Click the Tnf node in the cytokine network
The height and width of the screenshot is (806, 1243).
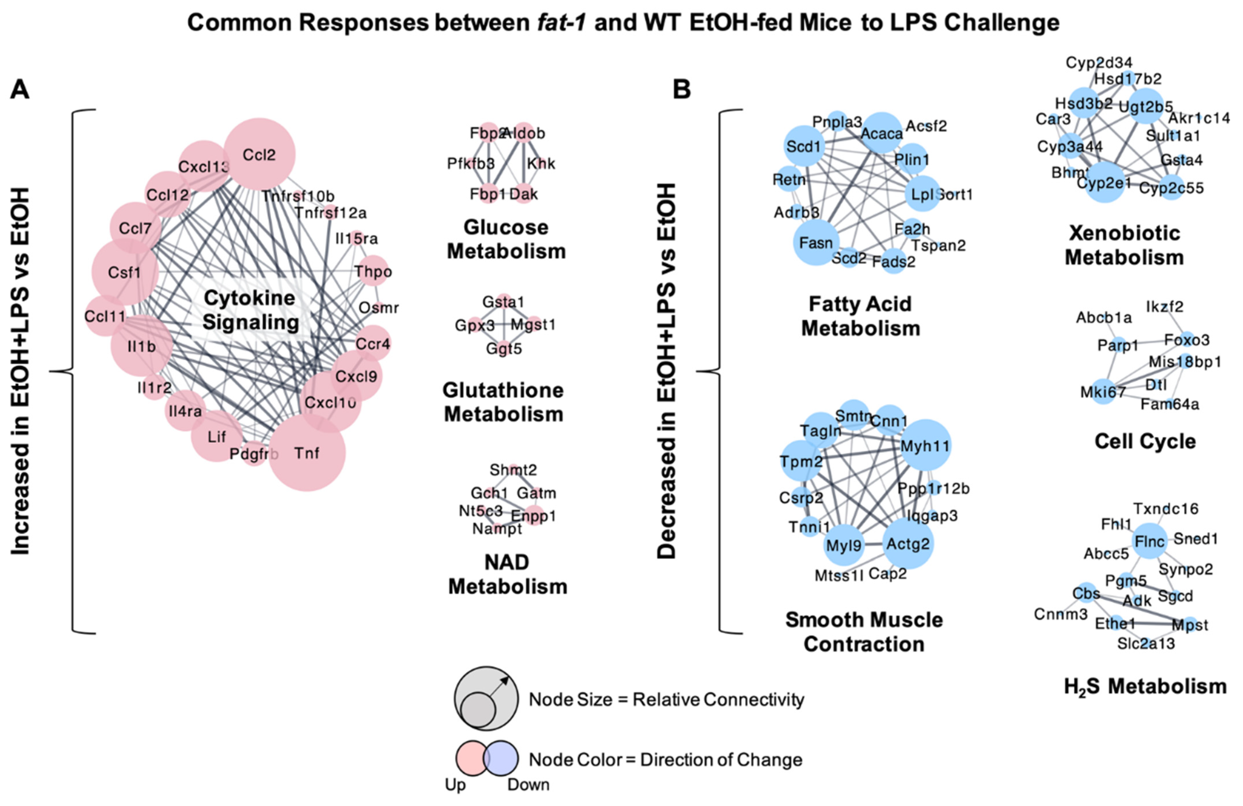(307, 453)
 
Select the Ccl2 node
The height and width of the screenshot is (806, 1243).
(259, 155)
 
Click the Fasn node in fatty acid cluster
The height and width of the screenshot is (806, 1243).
(816, 242)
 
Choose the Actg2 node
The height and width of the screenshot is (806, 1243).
(908, 544)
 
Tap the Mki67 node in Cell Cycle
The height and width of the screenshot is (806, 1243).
(1103, 392)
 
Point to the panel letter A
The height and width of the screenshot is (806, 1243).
(20, 90)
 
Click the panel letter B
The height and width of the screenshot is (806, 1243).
(682, 90)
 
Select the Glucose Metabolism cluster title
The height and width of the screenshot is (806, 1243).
(506, 239)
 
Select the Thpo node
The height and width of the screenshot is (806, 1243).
(373, 271)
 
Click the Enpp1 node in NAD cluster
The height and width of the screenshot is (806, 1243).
(534, 515)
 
